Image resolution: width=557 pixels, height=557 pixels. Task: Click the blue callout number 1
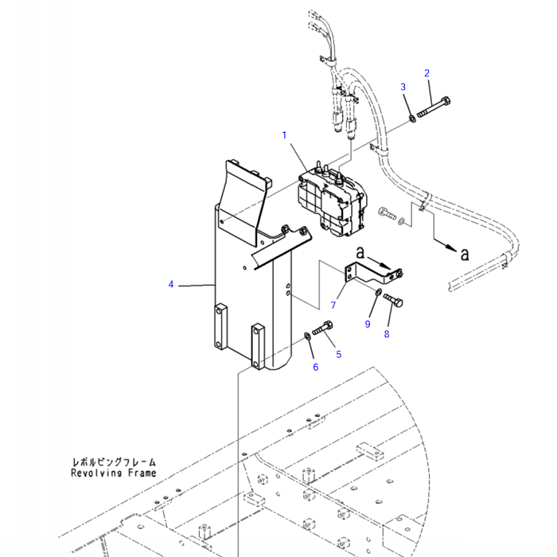[x=284, y=135]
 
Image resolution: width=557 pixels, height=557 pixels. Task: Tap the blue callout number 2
[x=427, y=73]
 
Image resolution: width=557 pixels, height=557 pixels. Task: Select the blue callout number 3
[x=403, y=87]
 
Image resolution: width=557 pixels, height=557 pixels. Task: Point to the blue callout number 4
[x=171, y=285]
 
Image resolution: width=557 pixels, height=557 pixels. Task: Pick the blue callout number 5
[x=338, y=354]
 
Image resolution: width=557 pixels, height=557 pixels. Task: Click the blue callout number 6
[x=315, y=368]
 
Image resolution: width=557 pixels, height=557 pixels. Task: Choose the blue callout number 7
[x=333, y=305]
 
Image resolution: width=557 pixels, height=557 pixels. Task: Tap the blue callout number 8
[x=387, y=334]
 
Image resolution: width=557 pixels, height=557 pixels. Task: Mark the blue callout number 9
[x=368, y=324]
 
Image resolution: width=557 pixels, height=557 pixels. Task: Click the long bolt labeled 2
[x=433, y=107]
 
